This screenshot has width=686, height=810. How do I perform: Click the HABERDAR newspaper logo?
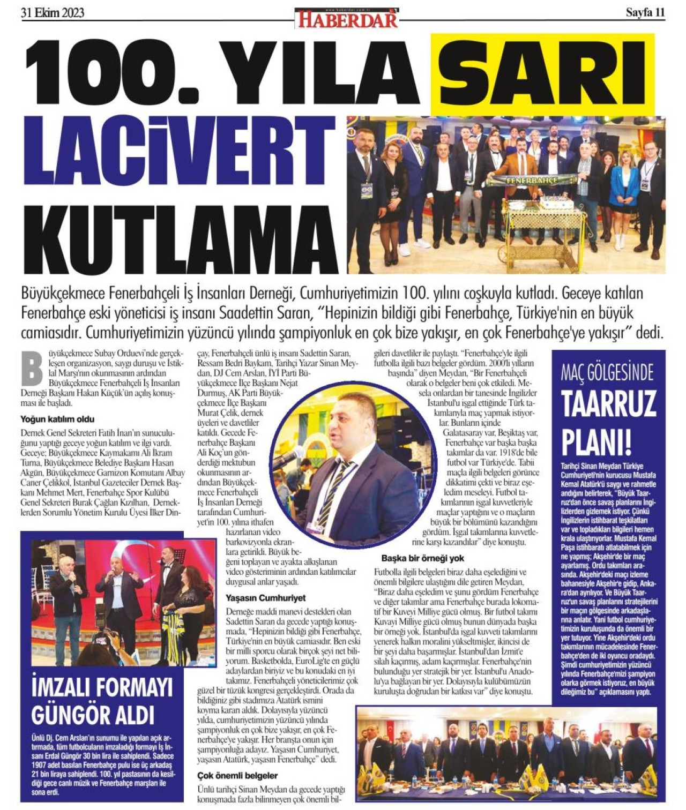pyautogui.click(x=347, y=19)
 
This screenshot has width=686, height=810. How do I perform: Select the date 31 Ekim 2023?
pyautogui.click(x=53, y=12)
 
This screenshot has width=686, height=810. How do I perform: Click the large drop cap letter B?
pyautogui.click(x=32, y=368)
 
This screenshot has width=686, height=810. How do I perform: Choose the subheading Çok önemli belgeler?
pyautogui.click(x=237, y=775)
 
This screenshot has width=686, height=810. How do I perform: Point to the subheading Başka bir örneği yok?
pyautogui.click(x=422, y=558)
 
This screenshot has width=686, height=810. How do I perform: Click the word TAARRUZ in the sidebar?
pyautogui.click(x=608, y=403)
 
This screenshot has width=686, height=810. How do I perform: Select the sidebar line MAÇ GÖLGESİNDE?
pyautogui.click(x=607, y=372)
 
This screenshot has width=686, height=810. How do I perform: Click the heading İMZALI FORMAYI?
pyautogui.click(x=101, y=687)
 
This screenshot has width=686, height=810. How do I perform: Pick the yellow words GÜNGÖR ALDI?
pyautogui.click(x=93, y=715)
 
